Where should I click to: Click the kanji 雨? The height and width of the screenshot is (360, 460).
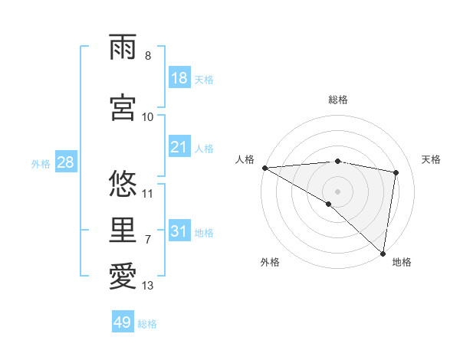click(x=123, y=49)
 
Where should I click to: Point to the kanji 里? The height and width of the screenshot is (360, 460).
click(x=123, y=231)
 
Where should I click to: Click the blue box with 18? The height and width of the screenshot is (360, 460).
click(x=179, y=79)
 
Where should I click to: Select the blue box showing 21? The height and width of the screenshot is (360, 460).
click(x=179, y=147)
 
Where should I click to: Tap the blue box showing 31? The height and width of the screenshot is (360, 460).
click(x=179, y=231)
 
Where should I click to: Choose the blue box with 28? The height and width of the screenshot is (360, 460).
click(x=65, y=162)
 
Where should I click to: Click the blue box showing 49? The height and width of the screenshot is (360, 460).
click(x=123, y=322)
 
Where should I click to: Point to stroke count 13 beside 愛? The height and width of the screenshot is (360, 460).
click(x=148, y=286)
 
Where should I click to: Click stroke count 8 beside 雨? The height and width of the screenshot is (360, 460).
click(x=148, y=56)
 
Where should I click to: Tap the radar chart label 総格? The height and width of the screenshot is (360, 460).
click(x=337, y=100)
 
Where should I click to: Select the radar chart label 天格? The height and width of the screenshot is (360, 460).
click(x=431, y=159)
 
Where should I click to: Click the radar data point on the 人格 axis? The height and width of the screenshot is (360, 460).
click(x=264, y=168)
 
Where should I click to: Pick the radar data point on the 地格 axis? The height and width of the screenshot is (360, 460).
click(x=383, y=253)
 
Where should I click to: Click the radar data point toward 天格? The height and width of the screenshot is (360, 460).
click(x=396, y=172)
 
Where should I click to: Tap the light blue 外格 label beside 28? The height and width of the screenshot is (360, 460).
click(x=41, y=163)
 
